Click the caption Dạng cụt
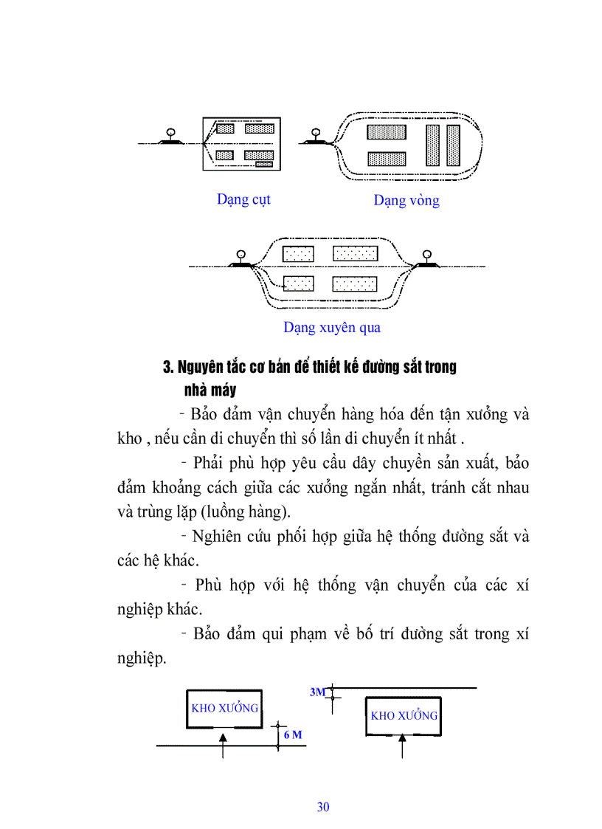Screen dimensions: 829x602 (x=243, y=199)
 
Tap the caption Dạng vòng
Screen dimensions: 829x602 (x=406, y=201)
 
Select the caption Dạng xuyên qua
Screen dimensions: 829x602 (x=332, y=327)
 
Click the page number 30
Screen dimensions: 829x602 (x=323, y=807)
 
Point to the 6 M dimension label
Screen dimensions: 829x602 (x=293, y=735)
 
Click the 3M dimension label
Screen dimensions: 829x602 (x=317, y=692)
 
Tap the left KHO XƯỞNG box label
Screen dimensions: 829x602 (x=225, y=708)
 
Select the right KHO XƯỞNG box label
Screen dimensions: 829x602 (x=404, y=715)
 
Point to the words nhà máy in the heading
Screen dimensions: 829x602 (x=210, y=390)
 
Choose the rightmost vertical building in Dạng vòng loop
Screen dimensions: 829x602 (x=453, y=145)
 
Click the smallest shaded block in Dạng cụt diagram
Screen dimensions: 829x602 (x=266, y=165)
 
